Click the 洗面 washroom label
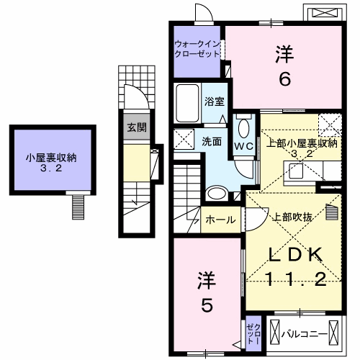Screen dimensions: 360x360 pos(211,141)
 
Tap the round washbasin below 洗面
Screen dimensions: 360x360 pos(215,193)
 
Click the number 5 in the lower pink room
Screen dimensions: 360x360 pos(205,306)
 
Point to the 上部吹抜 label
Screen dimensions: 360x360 pos(288,215)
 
